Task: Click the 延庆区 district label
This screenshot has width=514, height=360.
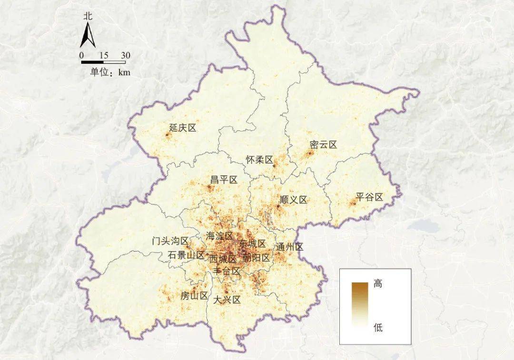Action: [x=183, y=128]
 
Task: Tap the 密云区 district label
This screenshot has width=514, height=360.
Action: [x=323, y=145]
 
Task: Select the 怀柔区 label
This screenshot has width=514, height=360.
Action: [x=259, y=160]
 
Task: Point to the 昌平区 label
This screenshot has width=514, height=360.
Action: [x=224, y=180]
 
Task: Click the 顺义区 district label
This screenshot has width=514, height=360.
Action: [x=294, y=200]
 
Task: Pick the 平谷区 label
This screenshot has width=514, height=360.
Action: [x=370, y=197]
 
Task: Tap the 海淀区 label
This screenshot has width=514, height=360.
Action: [x=219, y=236]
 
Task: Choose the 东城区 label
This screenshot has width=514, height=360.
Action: [x=252, y=244]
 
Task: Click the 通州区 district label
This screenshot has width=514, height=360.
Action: [x=290, y=247]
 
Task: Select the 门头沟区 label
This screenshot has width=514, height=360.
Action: [x=170, y=241]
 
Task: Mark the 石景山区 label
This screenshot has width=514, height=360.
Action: [x=186, y=255]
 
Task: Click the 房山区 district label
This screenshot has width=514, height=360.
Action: [x=194, y=296]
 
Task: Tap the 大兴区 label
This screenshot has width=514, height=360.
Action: [x=227, y=300]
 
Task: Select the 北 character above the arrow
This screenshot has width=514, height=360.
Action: [x=88, y=15]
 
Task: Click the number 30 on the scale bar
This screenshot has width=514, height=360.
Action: [x=126, y=56]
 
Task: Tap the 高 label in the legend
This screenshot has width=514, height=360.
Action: [x=378, y=284]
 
